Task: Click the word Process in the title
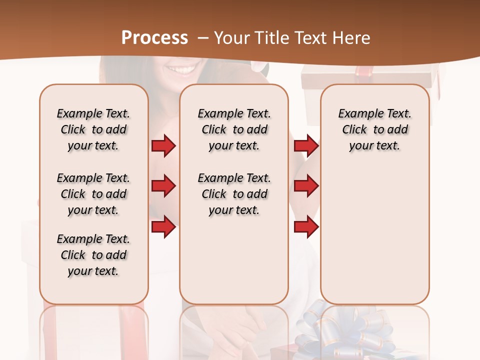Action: [154, 37]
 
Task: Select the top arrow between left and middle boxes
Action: [163, 146]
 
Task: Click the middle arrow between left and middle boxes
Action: [163, 186]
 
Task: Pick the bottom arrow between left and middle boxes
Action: [163, 227]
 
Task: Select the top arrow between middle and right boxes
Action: [306, 146]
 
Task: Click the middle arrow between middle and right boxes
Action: [306, 186]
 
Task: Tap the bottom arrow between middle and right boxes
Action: [306, 227]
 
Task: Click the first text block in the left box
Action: [93, 129]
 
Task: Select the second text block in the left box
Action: [93, 194]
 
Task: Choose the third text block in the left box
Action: [93, 255]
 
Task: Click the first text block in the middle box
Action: [234, 129]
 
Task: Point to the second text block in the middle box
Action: [234, 194]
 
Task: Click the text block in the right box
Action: [374, 129]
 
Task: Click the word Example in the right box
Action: [357, 114]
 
